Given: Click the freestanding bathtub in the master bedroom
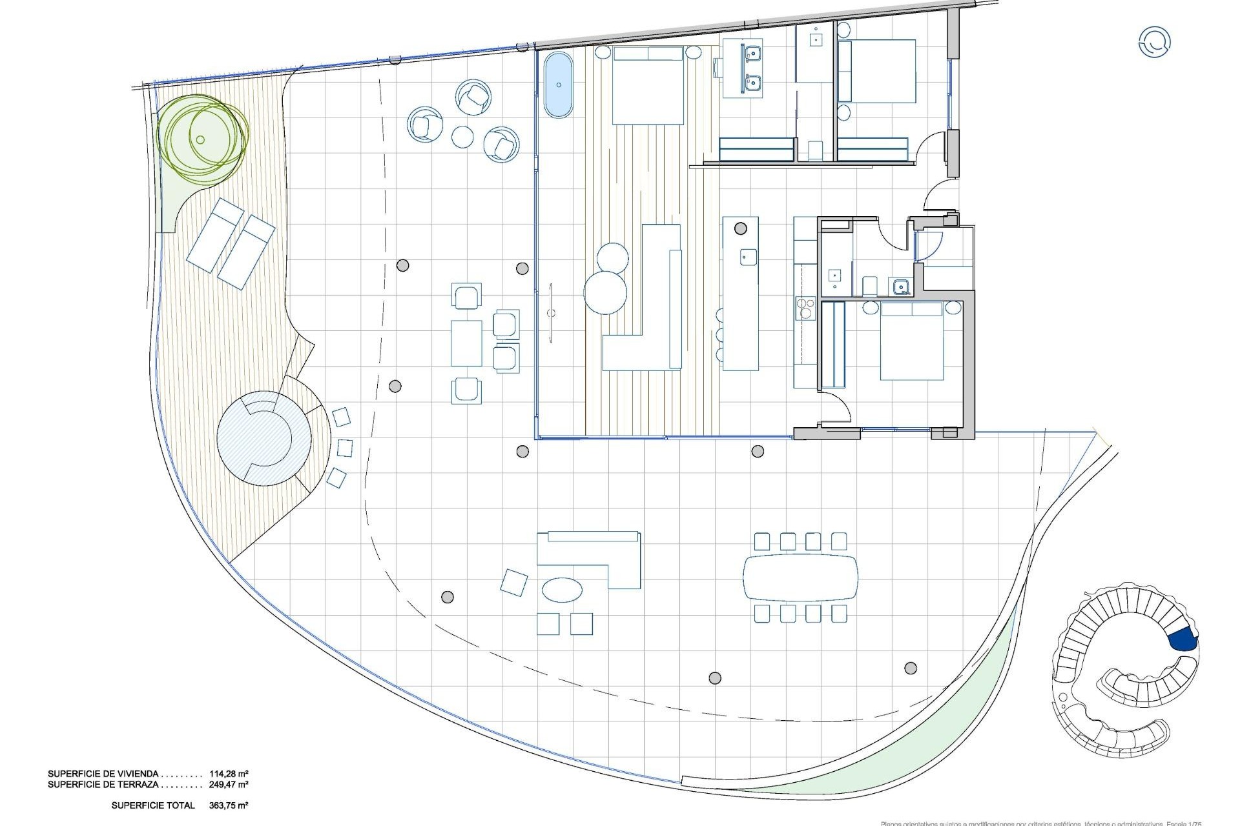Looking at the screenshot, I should (x=558, y=85).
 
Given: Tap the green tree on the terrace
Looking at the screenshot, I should (x=201, y=136).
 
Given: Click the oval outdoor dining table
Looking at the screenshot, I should (x=801, y=577).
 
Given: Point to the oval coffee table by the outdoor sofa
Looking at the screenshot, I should (x=562, y=589).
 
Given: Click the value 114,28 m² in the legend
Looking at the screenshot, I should (x=229, y=773).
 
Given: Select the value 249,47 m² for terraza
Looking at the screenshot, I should (x=229, y=784).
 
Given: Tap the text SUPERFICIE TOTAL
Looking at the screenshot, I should (x=153, y=805).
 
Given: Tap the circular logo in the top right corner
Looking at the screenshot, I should (x=1154, y=42).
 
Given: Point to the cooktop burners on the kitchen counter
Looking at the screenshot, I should (x=805, y=308).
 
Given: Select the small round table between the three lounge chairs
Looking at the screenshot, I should (x=463, y=136).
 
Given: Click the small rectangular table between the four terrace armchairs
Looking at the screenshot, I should (x=466, y=343).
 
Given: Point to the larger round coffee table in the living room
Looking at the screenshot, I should (x=605, y=292).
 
